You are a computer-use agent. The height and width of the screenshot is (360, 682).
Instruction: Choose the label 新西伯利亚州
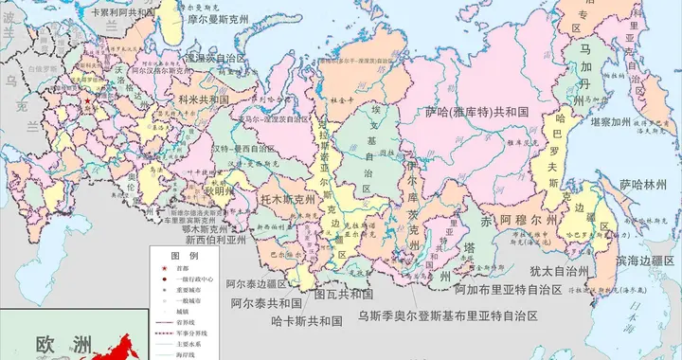221,241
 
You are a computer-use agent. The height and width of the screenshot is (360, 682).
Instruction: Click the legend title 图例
184,257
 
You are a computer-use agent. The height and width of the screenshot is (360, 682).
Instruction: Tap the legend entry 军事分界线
195,333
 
